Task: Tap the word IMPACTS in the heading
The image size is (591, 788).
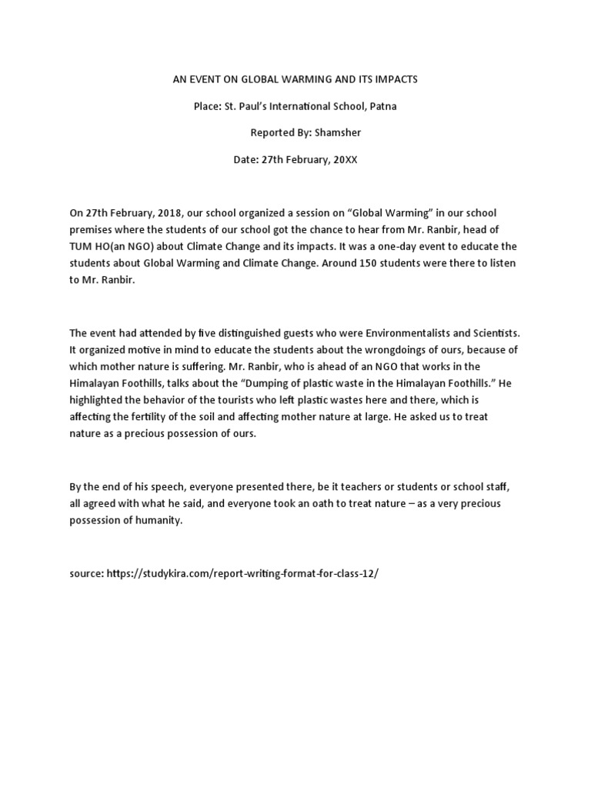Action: coord(393,79)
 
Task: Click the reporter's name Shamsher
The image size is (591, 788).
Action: coord(336,132)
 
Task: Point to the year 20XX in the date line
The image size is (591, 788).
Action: coord(343,159)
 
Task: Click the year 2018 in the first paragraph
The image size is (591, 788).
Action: coord(185,212)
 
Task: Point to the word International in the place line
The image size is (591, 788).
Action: coord(289,106)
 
